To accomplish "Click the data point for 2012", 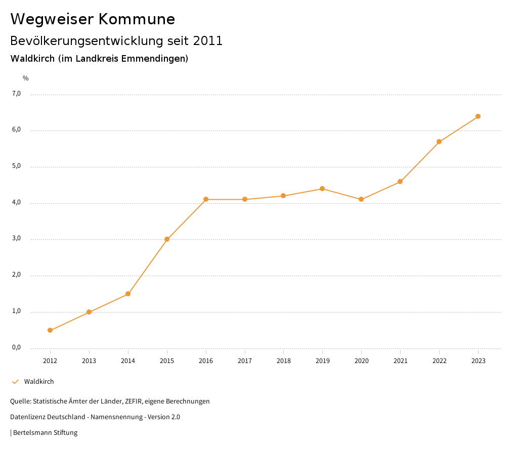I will coord(50,330).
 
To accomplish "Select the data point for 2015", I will coord(167,239).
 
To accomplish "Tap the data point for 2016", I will coord(206,199).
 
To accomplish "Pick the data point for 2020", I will coord(361,199).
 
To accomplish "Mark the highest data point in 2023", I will coord(478,116).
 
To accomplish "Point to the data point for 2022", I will coord(439,142).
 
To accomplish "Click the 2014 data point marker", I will coord(128,294).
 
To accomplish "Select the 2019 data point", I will coord(322,189).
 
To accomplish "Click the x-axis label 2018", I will coord(283,361).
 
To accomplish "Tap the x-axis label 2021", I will coord(400,361).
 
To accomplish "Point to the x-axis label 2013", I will coord(89,361).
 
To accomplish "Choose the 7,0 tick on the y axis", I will coord(16,94).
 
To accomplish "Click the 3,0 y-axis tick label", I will coord(16,239).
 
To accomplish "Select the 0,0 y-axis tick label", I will coord(16,347).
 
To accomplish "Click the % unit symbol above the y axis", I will coord(26,78).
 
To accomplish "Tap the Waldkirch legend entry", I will coord(39,382).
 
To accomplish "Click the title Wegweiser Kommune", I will coord(93,19).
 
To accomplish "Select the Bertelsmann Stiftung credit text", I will coord(45,433).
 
